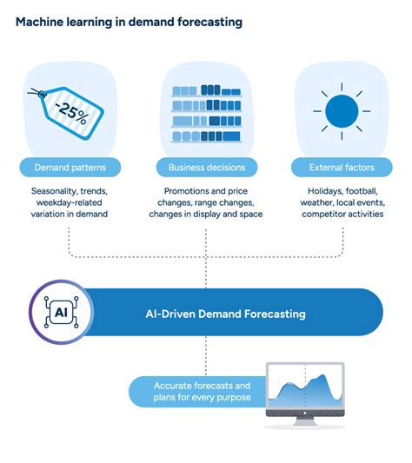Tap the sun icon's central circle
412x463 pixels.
tap(342, 111)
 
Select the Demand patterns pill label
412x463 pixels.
tap(70, 168)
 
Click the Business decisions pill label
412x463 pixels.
tap(207, 168)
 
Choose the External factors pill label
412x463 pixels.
tap(342, 168)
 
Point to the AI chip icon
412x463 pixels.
tap(61, 312)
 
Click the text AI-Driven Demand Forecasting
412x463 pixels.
tap(225, 314)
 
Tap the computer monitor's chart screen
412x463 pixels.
tap(305, 386)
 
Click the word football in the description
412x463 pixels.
tap(362, 191)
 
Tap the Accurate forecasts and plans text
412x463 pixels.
tap(203, 391)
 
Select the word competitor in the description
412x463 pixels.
tap(323, 214)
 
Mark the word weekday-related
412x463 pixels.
tap(70, 202)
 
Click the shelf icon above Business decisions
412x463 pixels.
tap(207, 114)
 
